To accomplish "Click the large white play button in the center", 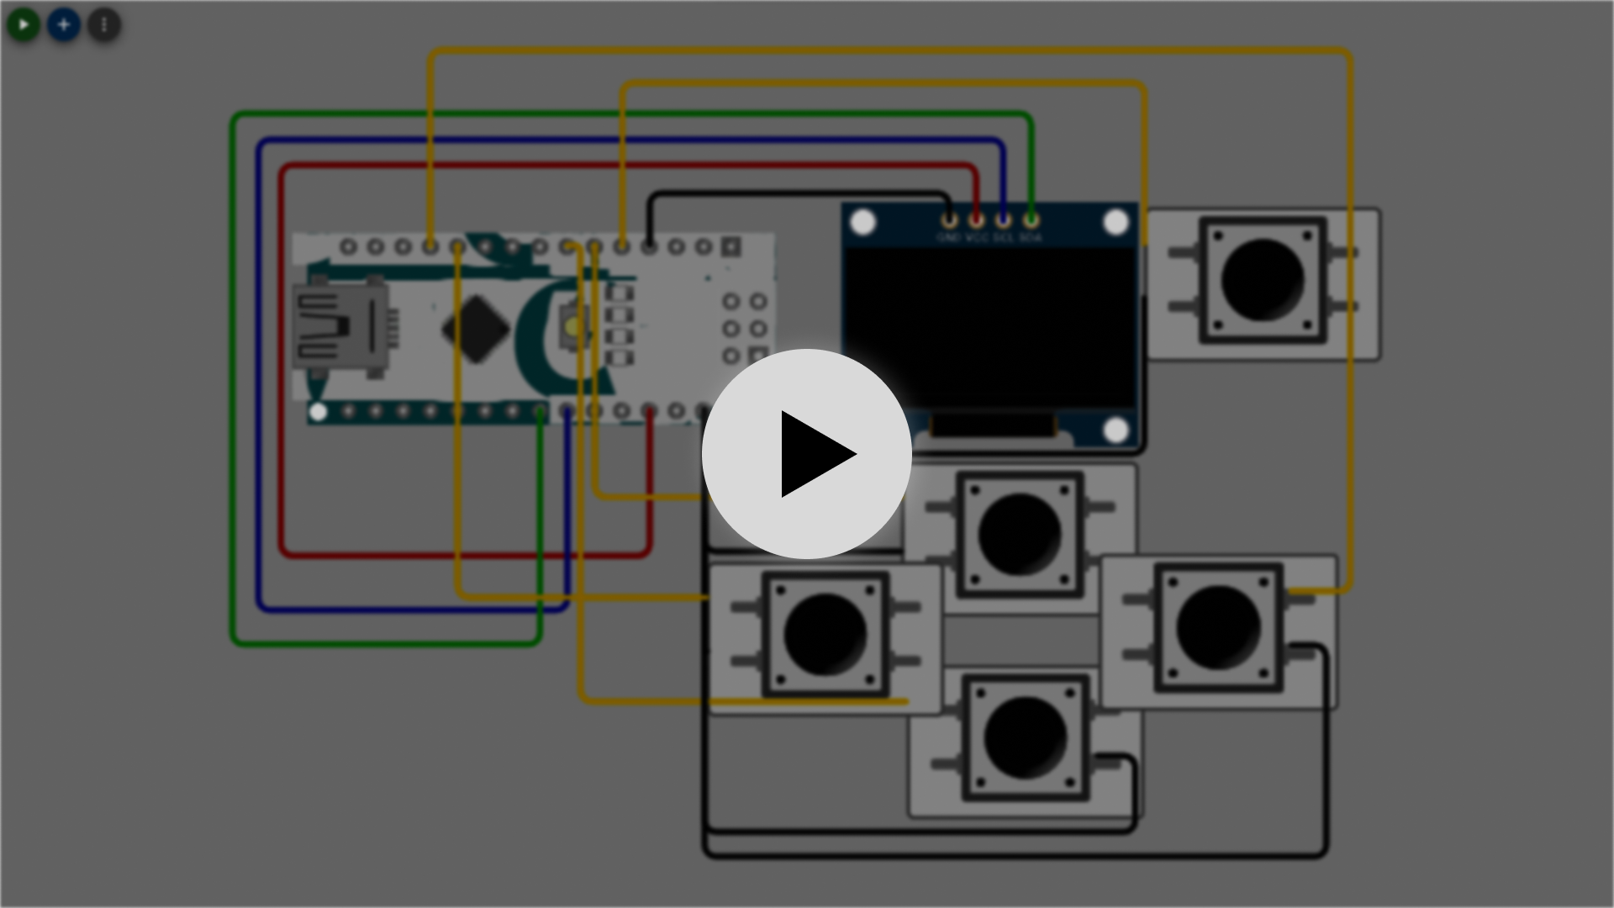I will click(807, 454).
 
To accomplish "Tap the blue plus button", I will click(64, 25).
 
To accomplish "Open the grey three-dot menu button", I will click(104, 25).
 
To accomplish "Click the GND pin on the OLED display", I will click(949, 220).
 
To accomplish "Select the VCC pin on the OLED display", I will click(976, 220).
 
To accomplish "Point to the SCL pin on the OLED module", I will click(1003, 220).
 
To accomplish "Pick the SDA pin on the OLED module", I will click(1031, 220).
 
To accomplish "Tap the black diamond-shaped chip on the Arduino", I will click(476, 329).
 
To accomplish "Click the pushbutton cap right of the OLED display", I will click(1262, 280).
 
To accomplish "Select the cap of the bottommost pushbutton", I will click(1025, 737).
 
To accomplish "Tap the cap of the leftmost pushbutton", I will click(825, 634).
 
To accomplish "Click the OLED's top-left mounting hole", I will click(863, 223).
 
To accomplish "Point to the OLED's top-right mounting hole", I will click(1116, 223).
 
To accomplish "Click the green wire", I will click(234, 378).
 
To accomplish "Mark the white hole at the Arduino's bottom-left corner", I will click(318, 412).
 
